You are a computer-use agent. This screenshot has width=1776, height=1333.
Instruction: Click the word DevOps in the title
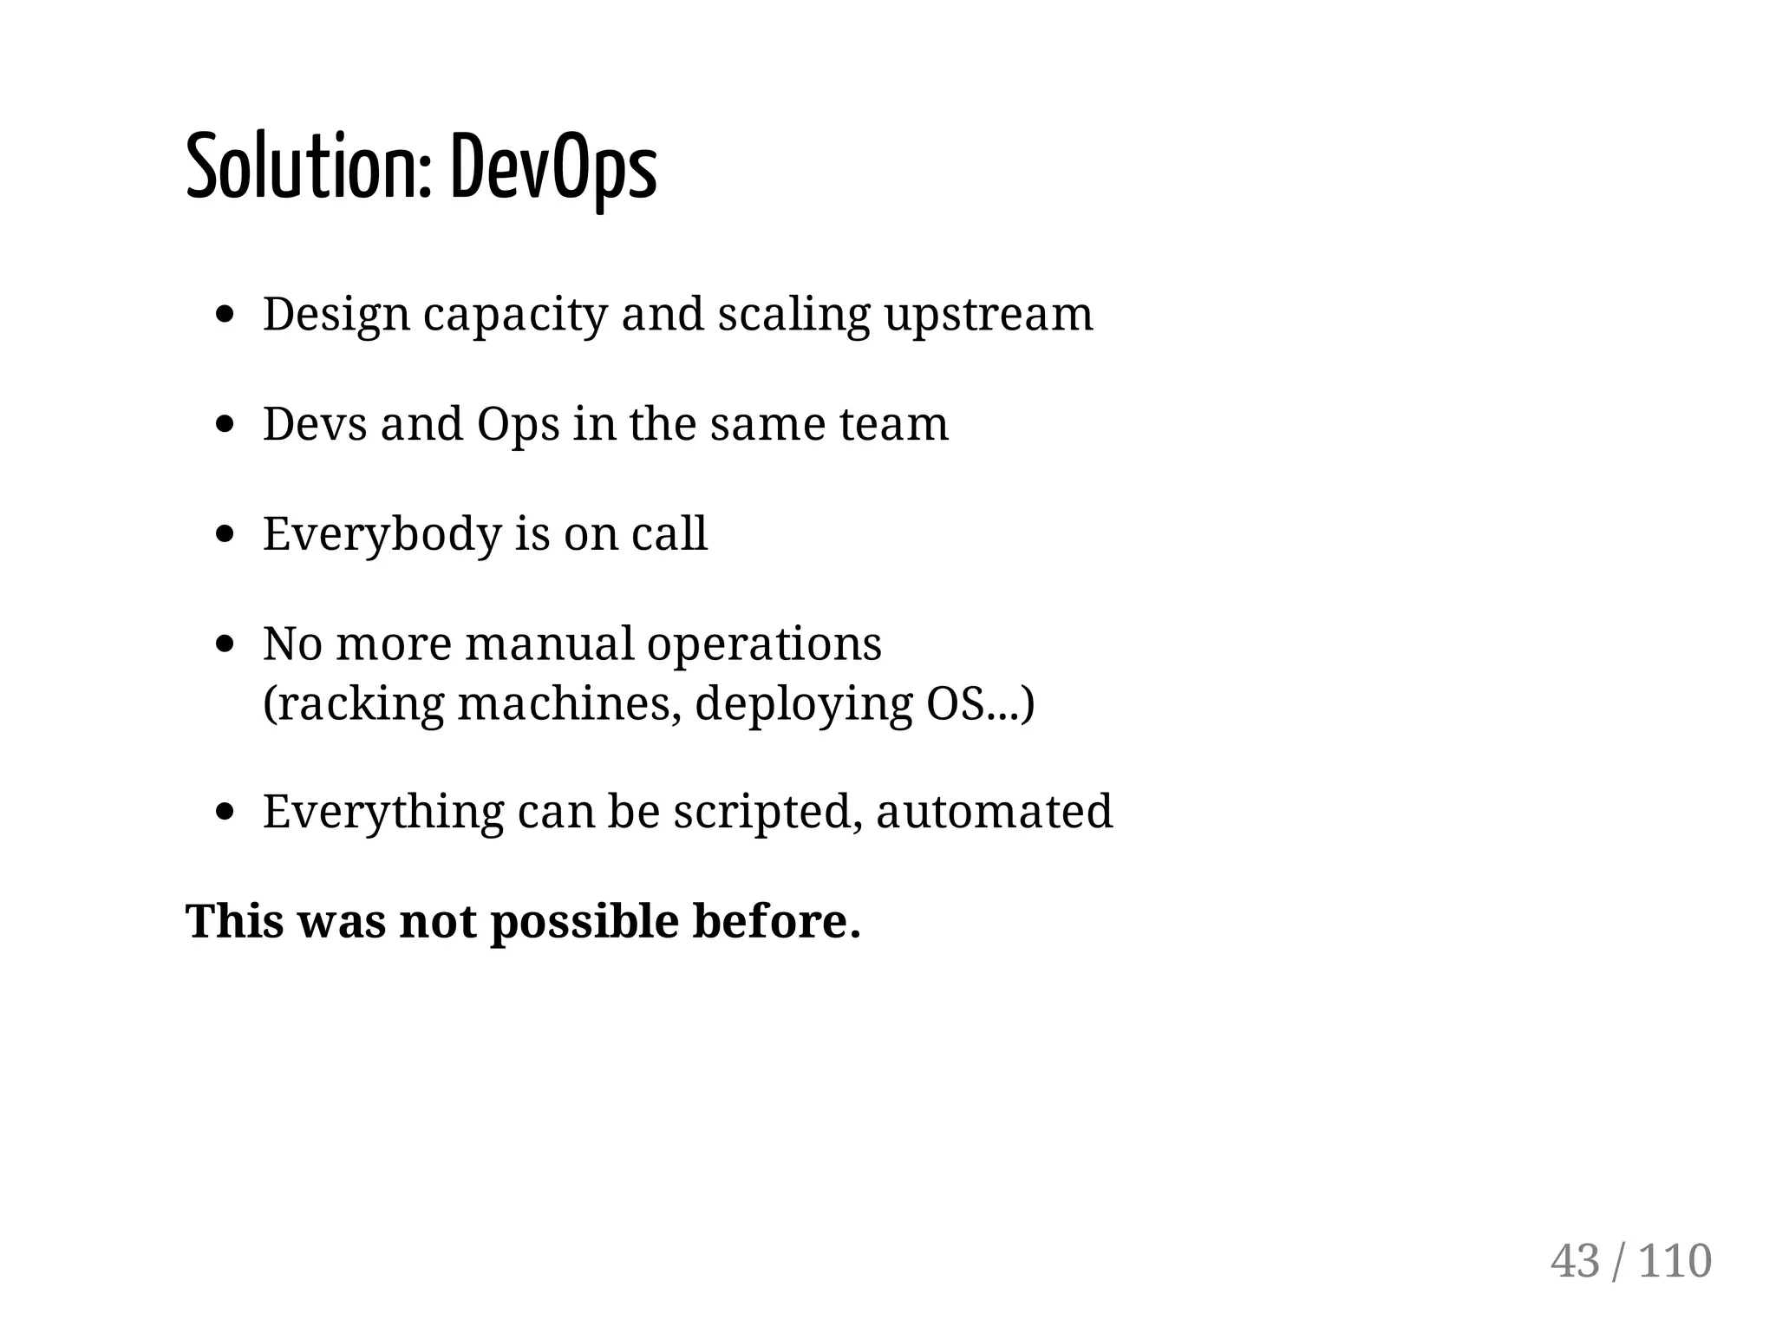pos(553,167)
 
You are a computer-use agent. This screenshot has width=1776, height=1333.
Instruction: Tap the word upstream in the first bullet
pos(989,314)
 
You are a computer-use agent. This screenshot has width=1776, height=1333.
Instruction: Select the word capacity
pos(515,314)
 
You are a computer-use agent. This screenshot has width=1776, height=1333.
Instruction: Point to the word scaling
pos(793,314)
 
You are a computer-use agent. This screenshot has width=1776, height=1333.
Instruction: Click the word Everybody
pos(382,533)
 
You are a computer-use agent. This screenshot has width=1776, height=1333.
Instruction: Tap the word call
pos(669,533)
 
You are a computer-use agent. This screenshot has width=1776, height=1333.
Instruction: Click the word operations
pos(764,644)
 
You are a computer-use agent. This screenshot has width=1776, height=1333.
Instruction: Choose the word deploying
pos(804,702)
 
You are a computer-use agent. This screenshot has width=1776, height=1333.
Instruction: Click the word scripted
pos(767,812)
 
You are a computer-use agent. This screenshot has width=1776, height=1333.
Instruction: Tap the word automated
pos(994,812)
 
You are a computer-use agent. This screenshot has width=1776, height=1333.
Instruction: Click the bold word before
pos(776,921)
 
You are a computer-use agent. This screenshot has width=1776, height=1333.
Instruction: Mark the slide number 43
pos(1575,1261)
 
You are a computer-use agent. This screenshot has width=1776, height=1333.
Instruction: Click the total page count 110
pos(1675,1261)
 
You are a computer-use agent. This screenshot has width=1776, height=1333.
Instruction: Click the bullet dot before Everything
pos(225,812)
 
